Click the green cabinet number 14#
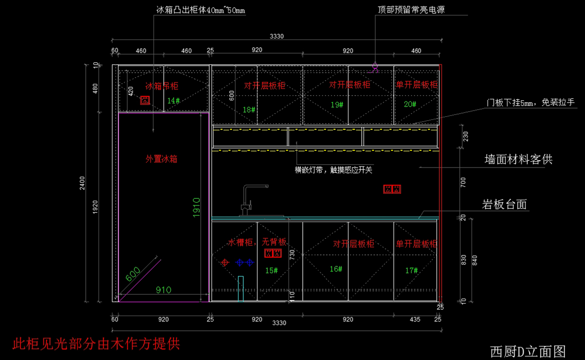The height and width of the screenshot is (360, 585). tap(174, 101)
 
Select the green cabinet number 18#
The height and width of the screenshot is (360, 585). tap(249, 110)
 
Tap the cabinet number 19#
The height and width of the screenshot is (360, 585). tap(337, 105)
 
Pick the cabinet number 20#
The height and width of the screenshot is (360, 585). tap(410, 104)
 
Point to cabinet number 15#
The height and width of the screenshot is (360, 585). tap(272, 270)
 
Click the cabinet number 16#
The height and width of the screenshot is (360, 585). tap(336, 268)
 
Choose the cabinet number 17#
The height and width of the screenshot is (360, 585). tap(411, 269)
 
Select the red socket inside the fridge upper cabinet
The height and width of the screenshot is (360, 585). tap(145, 100)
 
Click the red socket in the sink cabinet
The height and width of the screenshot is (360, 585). tap(273, 253)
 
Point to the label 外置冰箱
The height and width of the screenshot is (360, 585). tap(161, 159)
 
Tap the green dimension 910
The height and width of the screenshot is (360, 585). tap(163, 290)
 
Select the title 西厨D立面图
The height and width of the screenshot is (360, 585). tap(527, 351)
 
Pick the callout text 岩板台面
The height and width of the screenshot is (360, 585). tap(505, 205)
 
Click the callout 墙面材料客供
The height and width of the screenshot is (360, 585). tap(518, 159)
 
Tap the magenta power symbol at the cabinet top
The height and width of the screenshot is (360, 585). tap(375, 67)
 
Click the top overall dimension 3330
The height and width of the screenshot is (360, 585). tap(277, 36)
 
